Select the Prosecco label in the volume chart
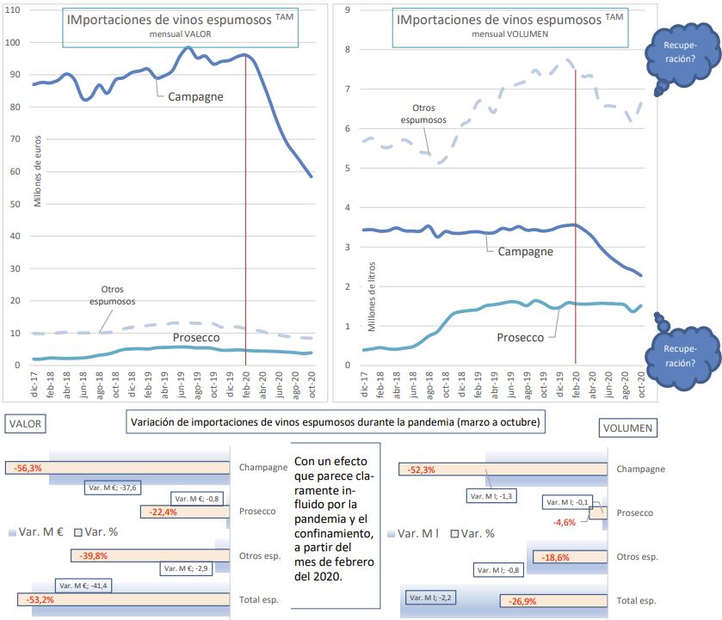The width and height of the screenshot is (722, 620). [521, 337]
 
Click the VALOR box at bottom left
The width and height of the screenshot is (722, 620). [23, 423]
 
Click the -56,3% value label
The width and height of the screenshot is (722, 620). [28, 469]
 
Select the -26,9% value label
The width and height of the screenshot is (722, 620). [525, 599]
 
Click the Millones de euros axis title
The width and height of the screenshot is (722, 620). [37, 176]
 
